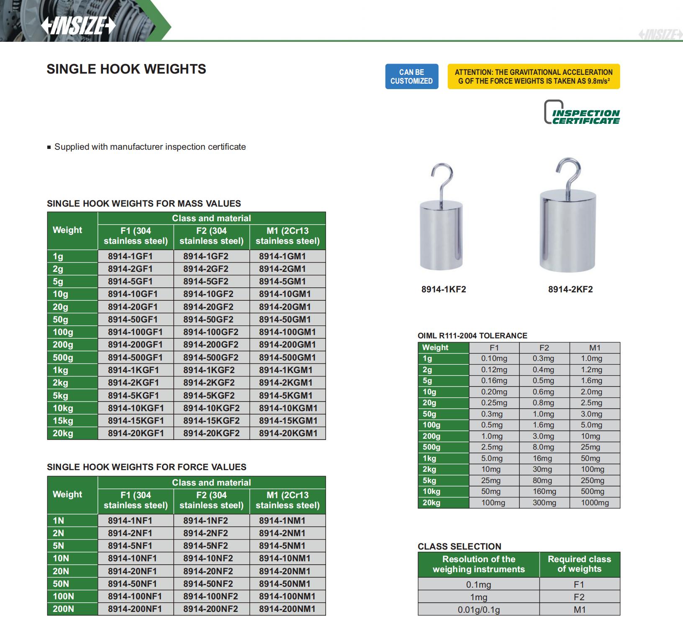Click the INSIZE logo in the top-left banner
pyautogui.click(x=78, y=26)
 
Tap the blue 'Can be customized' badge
pyautogui.click(x=411, y=77)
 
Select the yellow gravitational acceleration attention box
pyautogui.click(x=534, y=77)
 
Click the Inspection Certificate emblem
pyautogui.click(x=581, y=112)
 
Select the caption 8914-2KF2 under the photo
pyautogui.click(x=570, y=289)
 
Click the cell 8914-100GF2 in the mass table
pyautogui.click(x=211, y=332)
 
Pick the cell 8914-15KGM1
pyautogui.click(x=288, y=421)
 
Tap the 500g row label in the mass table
pyautogui.click(x=63, y=358)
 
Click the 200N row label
pyautogui.click(x=63, y=609)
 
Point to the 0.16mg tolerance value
pyautogui.click(x=494, y=381)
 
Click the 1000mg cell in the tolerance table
pyautogui.click(x=595, y=503)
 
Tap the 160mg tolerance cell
pyautogui.click(x=544, y=491)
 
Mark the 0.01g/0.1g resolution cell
pyautogui.click(x=478, y=610)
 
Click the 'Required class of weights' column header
pyautogui.click(x=579, y=564)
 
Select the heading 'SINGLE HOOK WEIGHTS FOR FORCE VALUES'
pyautogui.click(x=146, y=467)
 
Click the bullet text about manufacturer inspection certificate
pyautogui.click(x=150, y=147)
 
